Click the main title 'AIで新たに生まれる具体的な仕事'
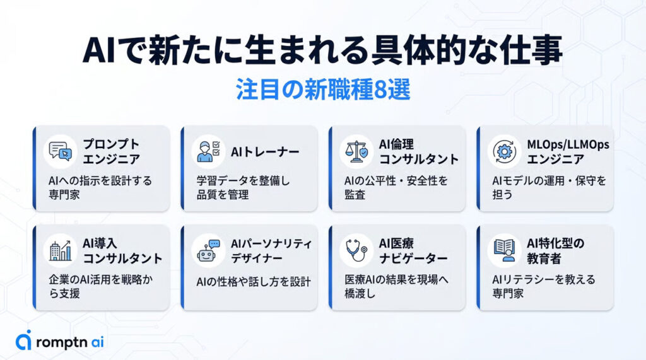pos(322,50)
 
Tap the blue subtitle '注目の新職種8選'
pos(323,89)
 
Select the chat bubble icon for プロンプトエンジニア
pos(60,151)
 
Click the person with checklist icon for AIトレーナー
pos(208,151)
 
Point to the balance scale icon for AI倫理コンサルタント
pos(356,151)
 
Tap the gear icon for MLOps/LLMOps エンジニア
pos(504,151)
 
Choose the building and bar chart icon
pos(60,250)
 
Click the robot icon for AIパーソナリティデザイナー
pos(208,250)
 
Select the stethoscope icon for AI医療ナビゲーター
pos(356,250)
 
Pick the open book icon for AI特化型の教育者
pos(504,250)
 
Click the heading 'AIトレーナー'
pos(265,152)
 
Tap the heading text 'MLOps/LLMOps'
pos(568,144)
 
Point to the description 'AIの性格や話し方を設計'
pos(254,282)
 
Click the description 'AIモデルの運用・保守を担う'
pos(549,187)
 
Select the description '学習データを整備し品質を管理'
pos(243,187)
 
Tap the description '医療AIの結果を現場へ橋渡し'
pos(396,286)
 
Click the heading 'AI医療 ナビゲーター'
pos(413,251)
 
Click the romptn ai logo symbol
pos(23,340)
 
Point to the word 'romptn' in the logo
pos(61,342)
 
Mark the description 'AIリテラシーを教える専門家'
pos(544,286)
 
